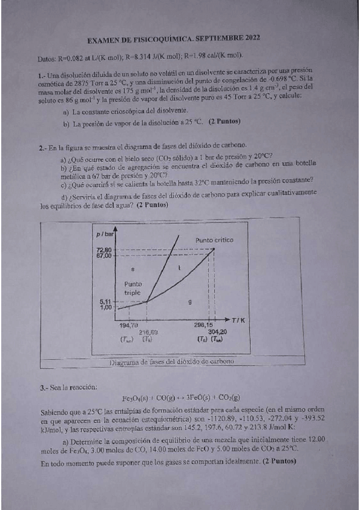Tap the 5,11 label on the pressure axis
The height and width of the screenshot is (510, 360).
pos(106,302)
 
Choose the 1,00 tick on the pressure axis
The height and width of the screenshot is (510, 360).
pos(106,307)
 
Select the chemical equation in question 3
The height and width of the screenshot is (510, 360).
pos(180,398)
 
